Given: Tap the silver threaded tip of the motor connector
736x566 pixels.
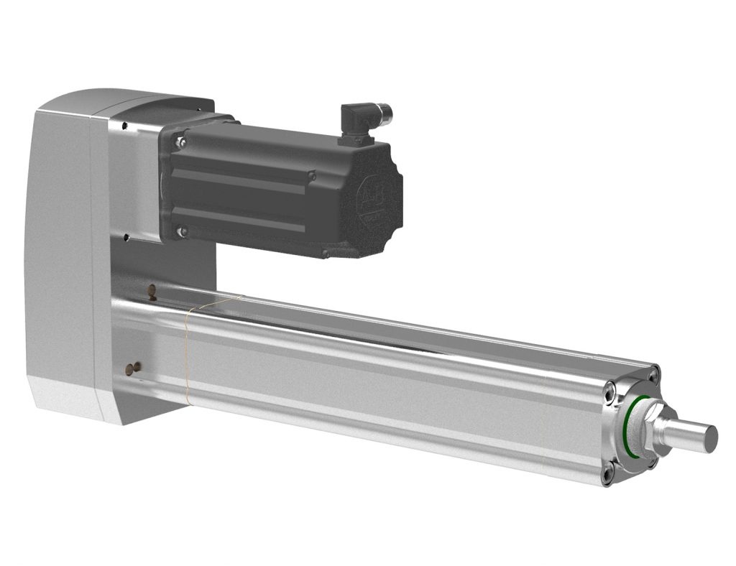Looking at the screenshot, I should [x=387, y=111].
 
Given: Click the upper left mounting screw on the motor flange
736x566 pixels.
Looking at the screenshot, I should [x=180, y=142].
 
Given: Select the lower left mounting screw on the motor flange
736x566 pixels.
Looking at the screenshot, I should [x=182, y=231].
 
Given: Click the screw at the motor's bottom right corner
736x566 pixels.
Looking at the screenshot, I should [x=326, y=253].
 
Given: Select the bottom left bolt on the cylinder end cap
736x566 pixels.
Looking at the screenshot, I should [x=608, y=472].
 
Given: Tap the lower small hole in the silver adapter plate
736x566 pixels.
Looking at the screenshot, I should [x=126, y=234].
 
